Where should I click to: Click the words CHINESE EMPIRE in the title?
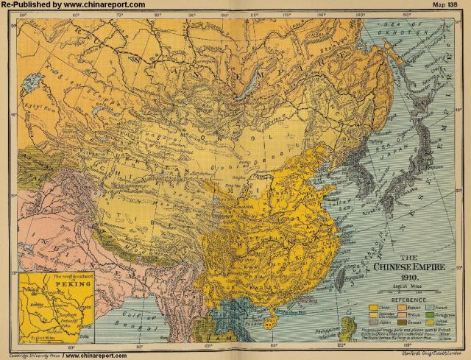[406, 269]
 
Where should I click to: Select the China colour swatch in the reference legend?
[373, 307]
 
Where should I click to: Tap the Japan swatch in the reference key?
[373, 322]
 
